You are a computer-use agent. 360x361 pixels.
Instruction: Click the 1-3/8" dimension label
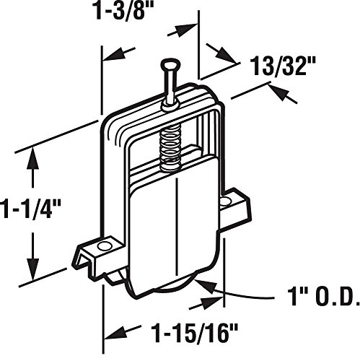[124, 10]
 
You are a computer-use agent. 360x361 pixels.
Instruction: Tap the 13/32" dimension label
[283, 66]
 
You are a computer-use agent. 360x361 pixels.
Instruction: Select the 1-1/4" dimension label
[30, 209]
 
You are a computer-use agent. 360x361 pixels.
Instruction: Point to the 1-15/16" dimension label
[195, 333]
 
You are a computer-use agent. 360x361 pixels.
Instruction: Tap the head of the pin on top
[171, 64]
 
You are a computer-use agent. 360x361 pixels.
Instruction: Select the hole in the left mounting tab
[105, 246]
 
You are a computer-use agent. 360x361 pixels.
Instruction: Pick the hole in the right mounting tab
[226, 201]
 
